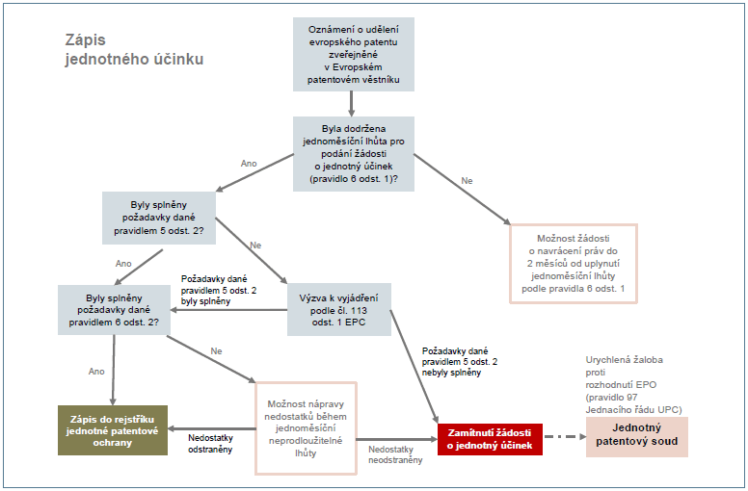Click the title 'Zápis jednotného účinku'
129,49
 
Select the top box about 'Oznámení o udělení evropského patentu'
354,52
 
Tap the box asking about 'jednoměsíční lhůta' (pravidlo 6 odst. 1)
354,152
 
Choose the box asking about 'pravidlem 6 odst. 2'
114,310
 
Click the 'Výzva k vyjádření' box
339,309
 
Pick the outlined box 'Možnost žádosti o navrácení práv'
574,262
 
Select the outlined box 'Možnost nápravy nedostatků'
305,427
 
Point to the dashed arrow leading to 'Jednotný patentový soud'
563,438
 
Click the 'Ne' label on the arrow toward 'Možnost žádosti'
467,181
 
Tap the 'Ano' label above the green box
96,371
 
